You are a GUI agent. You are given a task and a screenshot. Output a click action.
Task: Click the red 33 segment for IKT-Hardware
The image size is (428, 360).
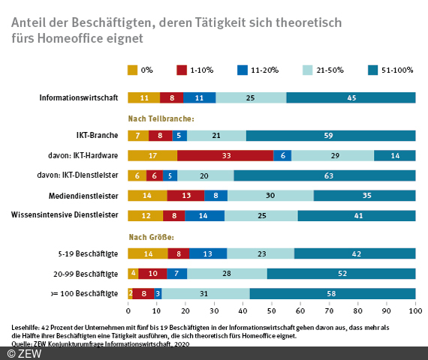point(225,155)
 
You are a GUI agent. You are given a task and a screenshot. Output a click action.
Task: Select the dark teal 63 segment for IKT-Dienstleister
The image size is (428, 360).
point(324,175)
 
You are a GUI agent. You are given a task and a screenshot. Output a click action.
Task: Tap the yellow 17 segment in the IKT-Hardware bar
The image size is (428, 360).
point(152,155)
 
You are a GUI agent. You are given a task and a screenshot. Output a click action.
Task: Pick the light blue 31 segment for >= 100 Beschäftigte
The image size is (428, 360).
point(204,293)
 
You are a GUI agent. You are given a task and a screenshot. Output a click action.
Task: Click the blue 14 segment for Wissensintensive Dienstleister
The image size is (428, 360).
point(204,215)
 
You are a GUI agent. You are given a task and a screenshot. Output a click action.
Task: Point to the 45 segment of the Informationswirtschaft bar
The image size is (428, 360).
point(351,97)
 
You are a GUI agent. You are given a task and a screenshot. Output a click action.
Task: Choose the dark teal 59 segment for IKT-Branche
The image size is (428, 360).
point(330,136)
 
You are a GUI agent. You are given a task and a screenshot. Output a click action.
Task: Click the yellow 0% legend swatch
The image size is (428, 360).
point(133,70)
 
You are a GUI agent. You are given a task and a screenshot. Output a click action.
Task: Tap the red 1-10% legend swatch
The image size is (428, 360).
point(182,70)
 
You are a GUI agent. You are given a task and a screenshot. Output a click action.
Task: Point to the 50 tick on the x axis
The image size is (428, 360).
point(272,310)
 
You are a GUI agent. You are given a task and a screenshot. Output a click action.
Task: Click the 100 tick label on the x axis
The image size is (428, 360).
point(414,310)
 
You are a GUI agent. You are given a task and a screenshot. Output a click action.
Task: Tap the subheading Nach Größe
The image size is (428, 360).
point(149,235)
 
